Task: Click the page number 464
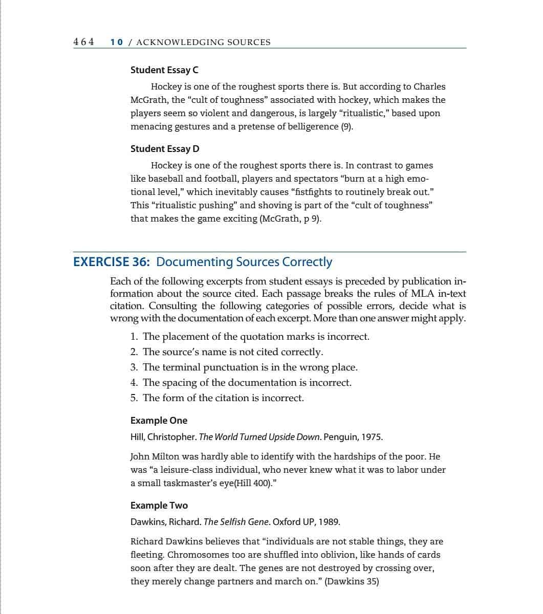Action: [x=84, y=42]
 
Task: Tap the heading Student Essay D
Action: [x=165, y=149]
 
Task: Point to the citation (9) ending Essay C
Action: [x=346, y=127]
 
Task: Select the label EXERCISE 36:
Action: [x=112, y=262]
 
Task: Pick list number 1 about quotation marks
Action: [x=134, y=337]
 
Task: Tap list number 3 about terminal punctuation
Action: [x=134, y=367]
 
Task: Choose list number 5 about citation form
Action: [x=134, y=398]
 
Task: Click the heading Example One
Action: [x=159, y=421]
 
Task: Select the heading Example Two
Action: [x=159, y=506]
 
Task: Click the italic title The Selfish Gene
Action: [x=236, y=522]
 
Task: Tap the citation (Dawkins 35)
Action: [x=352, y=582]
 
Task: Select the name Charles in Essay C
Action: [x=429, y=87]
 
